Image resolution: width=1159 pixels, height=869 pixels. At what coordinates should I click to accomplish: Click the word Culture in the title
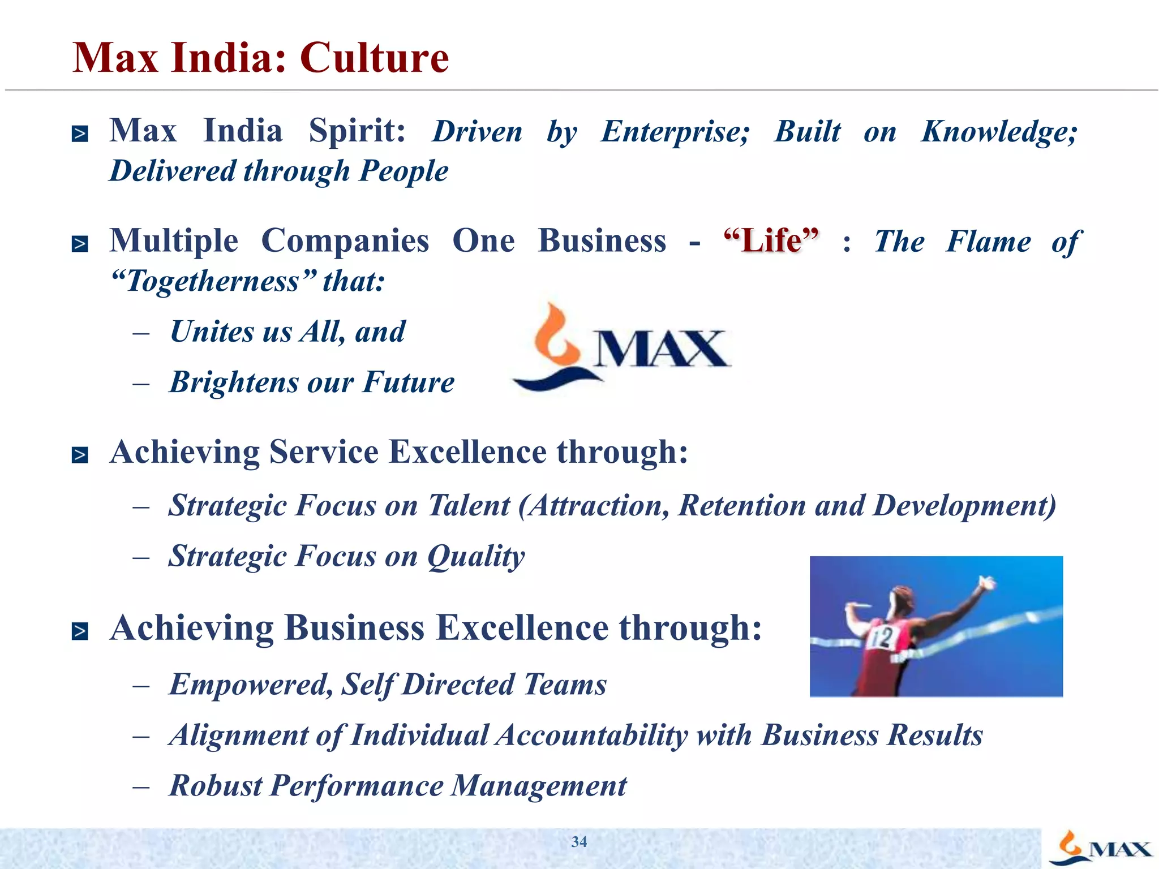coord(374,58)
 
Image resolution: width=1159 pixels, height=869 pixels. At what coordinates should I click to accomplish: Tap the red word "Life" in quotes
coord(771,241)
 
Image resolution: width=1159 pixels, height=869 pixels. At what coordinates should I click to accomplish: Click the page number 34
coord(579,842)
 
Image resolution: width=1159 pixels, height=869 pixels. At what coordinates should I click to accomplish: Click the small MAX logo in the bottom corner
coord(1100,848)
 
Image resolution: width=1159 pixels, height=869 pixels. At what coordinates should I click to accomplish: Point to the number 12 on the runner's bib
coord(882,638)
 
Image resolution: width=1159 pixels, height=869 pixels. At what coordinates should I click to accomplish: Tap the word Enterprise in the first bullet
coord(675,132)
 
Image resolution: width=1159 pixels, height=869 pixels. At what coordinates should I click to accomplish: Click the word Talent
coord(469,505)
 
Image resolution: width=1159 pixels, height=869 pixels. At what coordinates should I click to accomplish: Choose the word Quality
coord(476,557)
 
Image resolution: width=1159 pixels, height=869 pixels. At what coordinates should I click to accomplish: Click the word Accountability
coord(592,735)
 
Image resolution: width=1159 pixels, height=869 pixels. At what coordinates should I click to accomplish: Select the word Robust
coord(216,786)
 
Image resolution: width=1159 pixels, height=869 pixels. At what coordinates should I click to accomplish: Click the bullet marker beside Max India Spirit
coord(80,134)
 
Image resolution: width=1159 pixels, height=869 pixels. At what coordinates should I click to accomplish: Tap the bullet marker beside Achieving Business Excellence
coord(80,631)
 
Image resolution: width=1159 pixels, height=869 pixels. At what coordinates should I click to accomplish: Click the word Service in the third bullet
coord(324,453)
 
